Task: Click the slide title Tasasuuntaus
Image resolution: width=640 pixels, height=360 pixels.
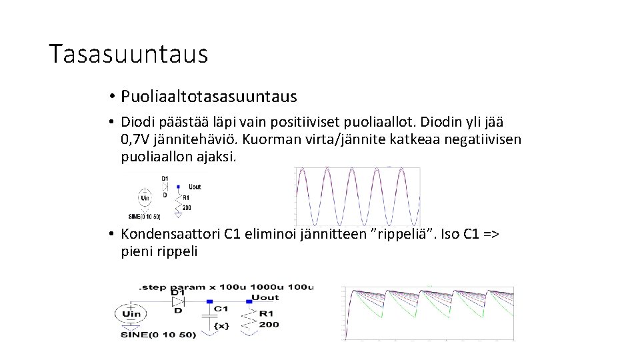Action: click(x=129, y=54)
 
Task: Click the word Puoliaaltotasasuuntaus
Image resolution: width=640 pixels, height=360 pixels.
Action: click(x=209, y=97)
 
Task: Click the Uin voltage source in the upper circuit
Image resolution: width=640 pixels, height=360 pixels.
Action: click(x=145, y=197)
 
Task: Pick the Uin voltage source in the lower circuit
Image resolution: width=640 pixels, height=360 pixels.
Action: click(x=132, y=314)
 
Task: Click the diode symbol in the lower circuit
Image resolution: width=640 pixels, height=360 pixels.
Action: click(x=178, y=301)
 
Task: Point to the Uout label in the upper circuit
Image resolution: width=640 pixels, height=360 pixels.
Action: click(x=195, y=187)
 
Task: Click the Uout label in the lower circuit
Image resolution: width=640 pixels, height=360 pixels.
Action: click(x=265, y=297)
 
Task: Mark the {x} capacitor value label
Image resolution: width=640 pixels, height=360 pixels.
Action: click(x=223, y=325)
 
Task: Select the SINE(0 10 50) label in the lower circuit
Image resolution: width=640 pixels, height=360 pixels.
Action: click(x=159, y=334)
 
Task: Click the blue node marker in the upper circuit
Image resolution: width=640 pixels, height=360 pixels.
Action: click(x=178, y=187)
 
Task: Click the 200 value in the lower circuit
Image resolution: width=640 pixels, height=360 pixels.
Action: click(x=269, y=324)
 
